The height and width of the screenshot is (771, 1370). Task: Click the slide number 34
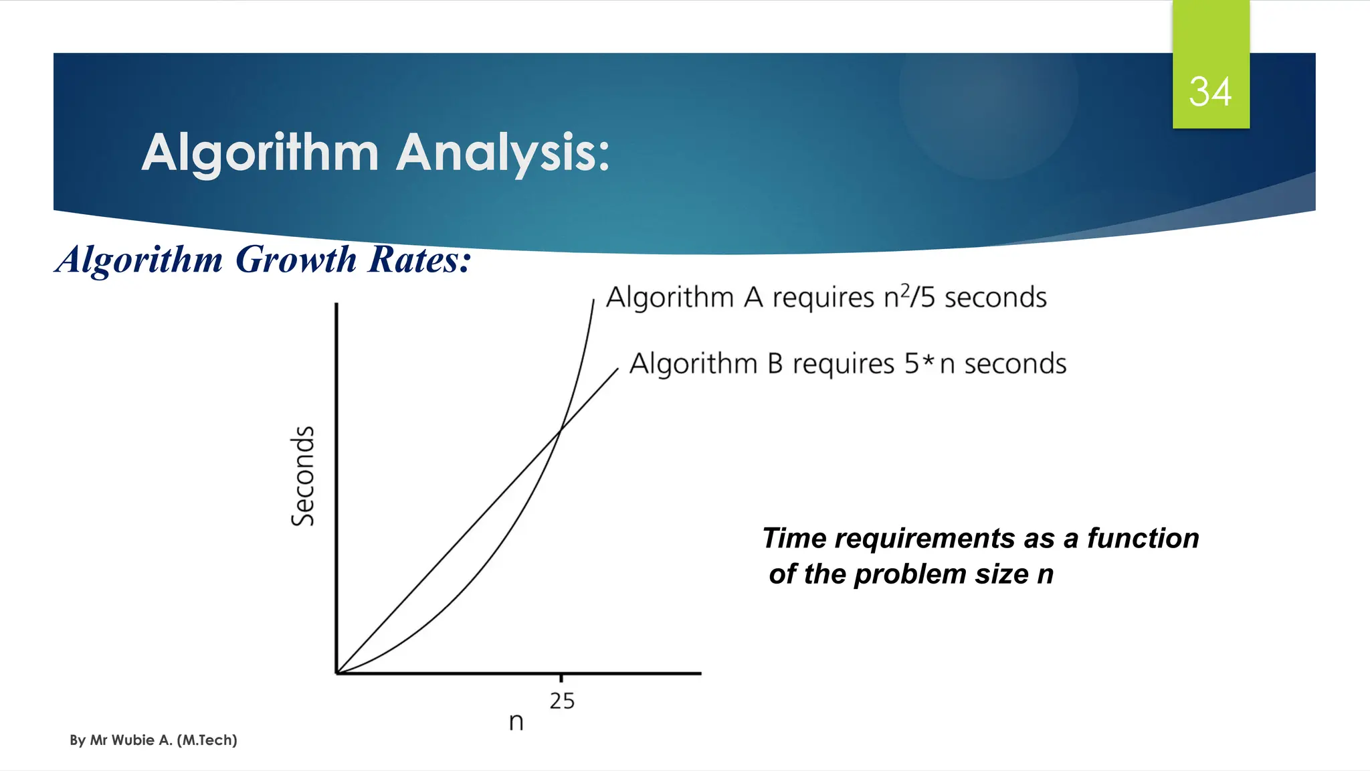point(1209,92)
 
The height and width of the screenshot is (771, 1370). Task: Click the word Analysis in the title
point(502,153)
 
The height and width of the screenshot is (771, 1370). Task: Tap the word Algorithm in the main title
point(260,153)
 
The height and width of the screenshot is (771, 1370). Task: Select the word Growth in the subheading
point(296,260)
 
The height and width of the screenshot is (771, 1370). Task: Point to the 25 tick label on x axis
point(562,701)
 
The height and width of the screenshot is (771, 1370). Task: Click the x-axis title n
point(516,722)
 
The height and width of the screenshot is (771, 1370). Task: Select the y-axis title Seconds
point(303,476)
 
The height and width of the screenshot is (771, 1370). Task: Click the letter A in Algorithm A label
point(753,297)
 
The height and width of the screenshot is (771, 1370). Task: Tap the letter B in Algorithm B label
point(775,364)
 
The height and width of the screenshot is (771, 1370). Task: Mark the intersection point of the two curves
point(559,430)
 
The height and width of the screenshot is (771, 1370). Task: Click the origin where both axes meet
point(336,673)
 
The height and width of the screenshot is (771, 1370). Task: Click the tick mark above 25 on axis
point(561,677)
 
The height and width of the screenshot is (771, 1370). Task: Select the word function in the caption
point(1143,538)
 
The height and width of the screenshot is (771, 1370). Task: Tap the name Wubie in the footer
point(133,740)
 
